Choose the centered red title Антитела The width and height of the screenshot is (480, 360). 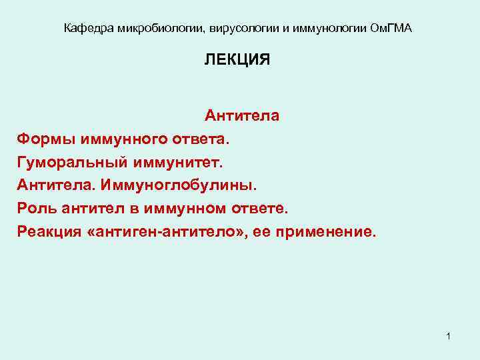pos(242,116)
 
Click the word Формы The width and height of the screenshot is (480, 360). pos(46,139)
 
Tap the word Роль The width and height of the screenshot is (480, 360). pos(37,209)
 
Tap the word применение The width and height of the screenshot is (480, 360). pos(329,232)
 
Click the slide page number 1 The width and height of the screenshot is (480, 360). pos(449,335)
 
